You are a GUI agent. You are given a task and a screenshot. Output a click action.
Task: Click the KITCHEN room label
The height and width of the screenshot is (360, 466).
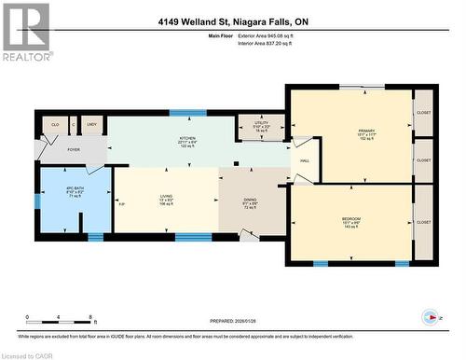[187, 138]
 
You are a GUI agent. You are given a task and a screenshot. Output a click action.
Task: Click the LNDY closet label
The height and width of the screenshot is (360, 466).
[91, 124]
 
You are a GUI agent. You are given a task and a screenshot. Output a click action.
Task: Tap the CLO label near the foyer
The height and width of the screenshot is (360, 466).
[55, 124]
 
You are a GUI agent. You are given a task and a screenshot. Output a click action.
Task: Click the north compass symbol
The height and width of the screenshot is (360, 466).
[430, 316]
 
